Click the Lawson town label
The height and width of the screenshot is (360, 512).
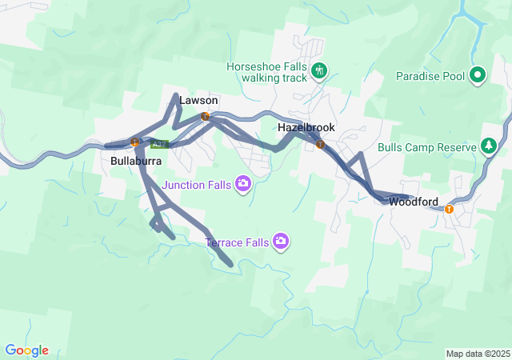[x=198, y=101]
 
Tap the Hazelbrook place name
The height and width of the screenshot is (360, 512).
[x=306, y=128]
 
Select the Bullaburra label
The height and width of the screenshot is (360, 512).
[x=136, y=161]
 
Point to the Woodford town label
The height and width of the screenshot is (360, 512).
[x=414, y=202]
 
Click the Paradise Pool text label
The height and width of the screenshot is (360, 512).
[x=430, y=76]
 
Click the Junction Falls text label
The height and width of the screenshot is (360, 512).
[x=197, y=185]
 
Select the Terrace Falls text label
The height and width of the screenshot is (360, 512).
[x=237, y=241]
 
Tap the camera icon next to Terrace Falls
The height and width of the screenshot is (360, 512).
[x=280, y=241]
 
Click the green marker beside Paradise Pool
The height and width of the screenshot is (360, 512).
[x=478, y=76]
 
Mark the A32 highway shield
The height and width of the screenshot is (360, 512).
[x=160, y=145]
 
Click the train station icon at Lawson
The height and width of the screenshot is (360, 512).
[x=206, y=117]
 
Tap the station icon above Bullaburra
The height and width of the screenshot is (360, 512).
[x=135, y=143]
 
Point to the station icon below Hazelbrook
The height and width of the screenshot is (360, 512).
[x=320, y=145]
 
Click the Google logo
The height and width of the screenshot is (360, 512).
[x=26, y=350]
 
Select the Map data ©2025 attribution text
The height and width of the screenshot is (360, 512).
[x=478, y=354]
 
